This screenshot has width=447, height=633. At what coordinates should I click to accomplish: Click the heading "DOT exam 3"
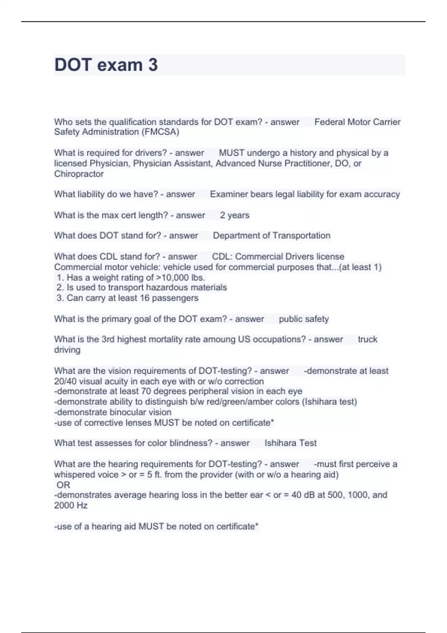tap(106, 65)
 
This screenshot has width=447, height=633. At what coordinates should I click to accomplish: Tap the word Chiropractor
tap(79, 174)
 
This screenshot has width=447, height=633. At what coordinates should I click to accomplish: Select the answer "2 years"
tap(235, 215)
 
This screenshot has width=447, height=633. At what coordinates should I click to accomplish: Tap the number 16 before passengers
tap(145, 298)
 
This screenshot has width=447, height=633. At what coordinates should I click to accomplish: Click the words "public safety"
tap(304, 319)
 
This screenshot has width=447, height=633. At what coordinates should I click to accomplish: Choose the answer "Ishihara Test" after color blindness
tap(291, 443)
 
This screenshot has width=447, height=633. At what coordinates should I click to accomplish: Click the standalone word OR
tap(63, 485)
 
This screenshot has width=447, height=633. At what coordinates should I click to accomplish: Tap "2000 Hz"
tap(71, 505)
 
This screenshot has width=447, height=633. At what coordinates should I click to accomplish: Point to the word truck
tap(367, 339)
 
